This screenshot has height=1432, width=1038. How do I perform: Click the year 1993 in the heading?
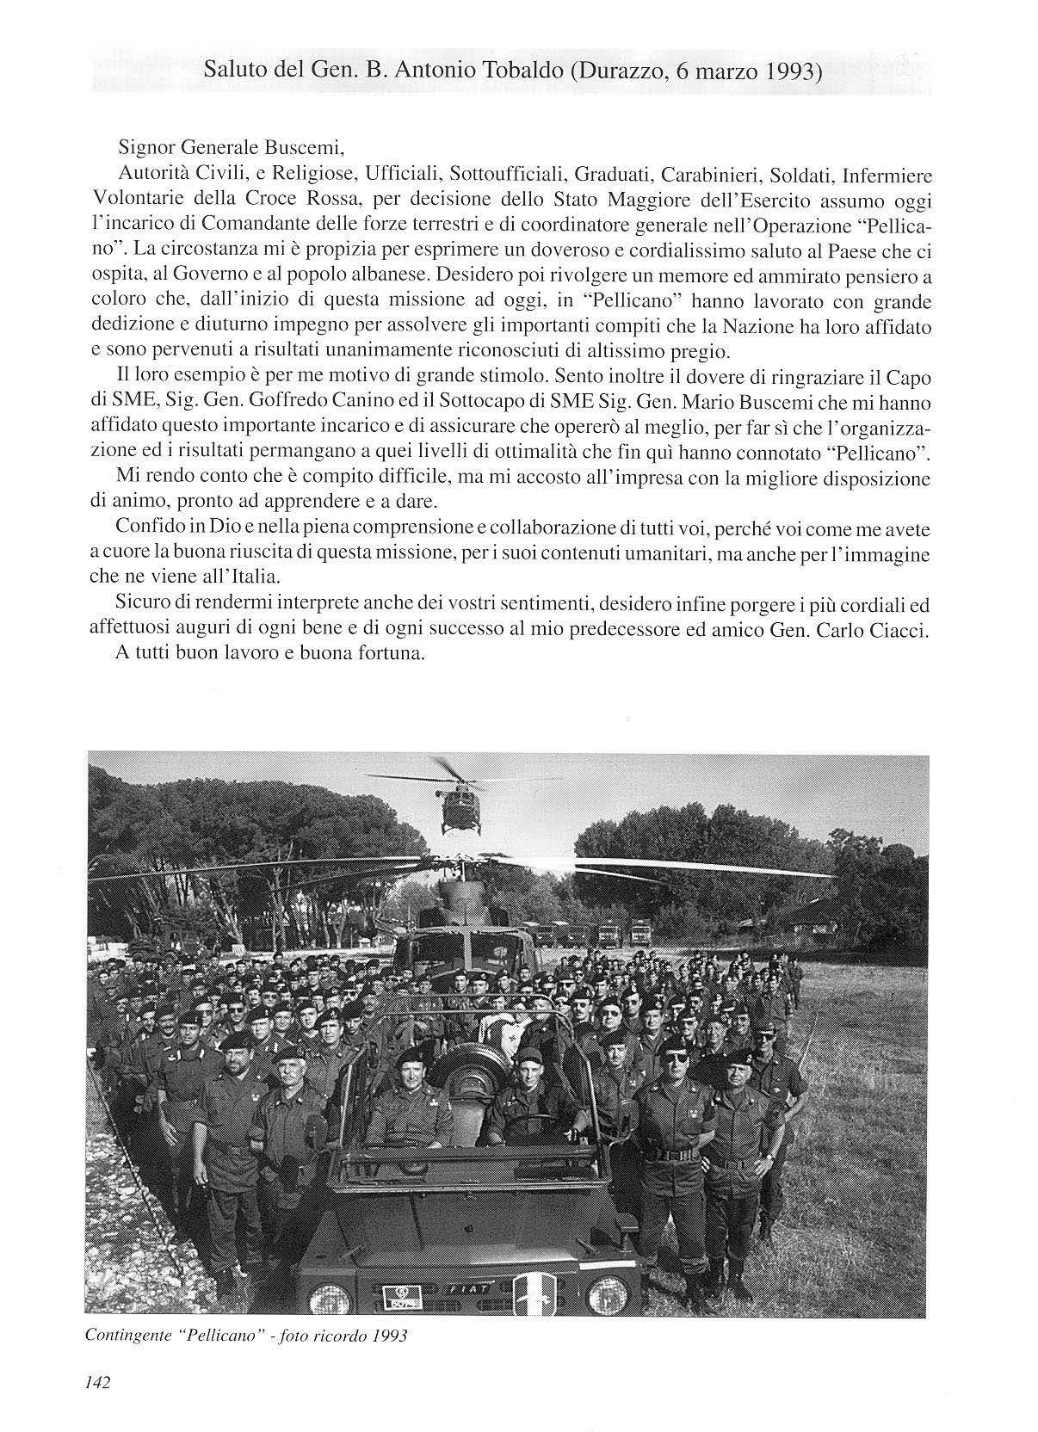pyautogui.click(x=788, y=72)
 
